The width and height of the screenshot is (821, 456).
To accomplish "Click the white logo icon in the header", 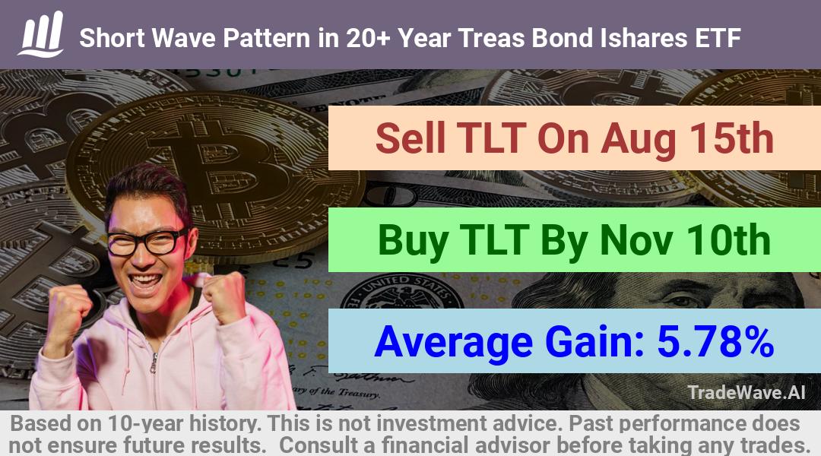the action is click(x=41, y=34).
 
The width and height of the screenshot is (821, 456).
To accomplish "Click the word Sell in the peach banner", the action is click(x=410, y=138).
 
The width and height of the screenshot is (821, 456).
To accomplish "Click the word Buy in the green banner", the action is click(x=413, y=241).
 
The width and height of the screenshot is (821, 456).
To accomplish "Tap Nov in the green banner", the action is click(x=635, y=239).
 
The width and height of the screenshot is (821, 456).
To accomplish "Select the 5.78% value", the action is click(x=715, y=341).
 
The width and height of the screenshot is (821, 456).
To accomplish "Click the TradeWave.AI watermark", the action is click(x=747, y=392).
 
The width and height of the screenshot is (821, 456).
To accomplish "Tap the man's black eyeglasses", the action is click(x=147, y=242).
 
